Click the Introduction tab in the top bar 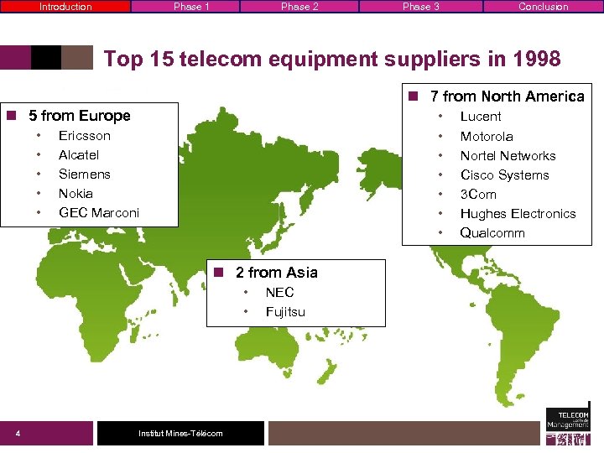click(65, 7)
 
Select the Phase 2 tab click(299, 7)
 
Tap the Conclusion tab click(543, 7)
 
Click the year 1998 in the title click(534, 59)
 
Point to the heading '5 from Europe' click(79, 116)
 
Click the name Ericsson click(84, 136)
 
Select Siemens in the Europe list click(84, 174)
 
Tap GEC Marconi click(98, 213)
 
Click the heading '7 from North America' click(507, 96)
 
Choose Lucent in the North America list click(481, 117)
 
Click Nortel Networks click(508, 156)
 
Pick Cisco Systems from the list click(504, 175)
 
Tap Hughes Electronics click(518, 214)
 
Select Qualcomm click(492, 233)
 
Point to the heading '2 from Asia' click(276, 273)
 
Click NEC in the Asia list click(279, 293)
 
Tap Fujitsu click(285, 312)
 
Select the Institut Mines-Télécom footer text click(180, 433)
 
